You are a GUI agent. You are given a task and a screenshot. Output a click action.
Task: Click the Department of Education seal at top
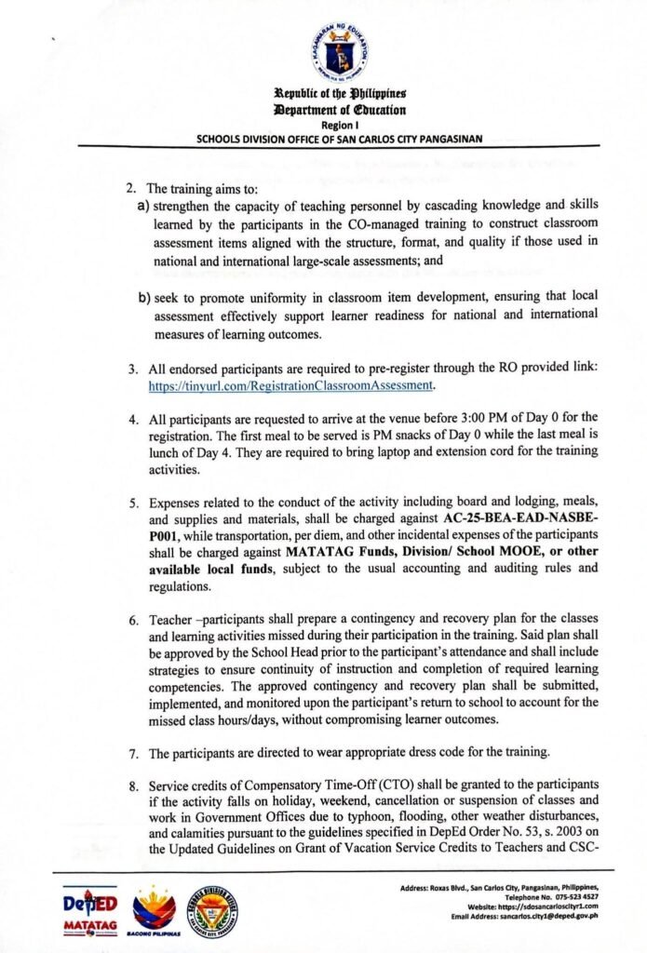point(339,52)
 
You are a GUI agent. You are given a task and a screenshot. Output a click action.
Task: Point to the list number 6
point(133,618)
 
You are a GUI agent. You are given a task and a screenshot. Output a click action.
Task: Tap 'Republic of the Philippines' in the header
point(338,94)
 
